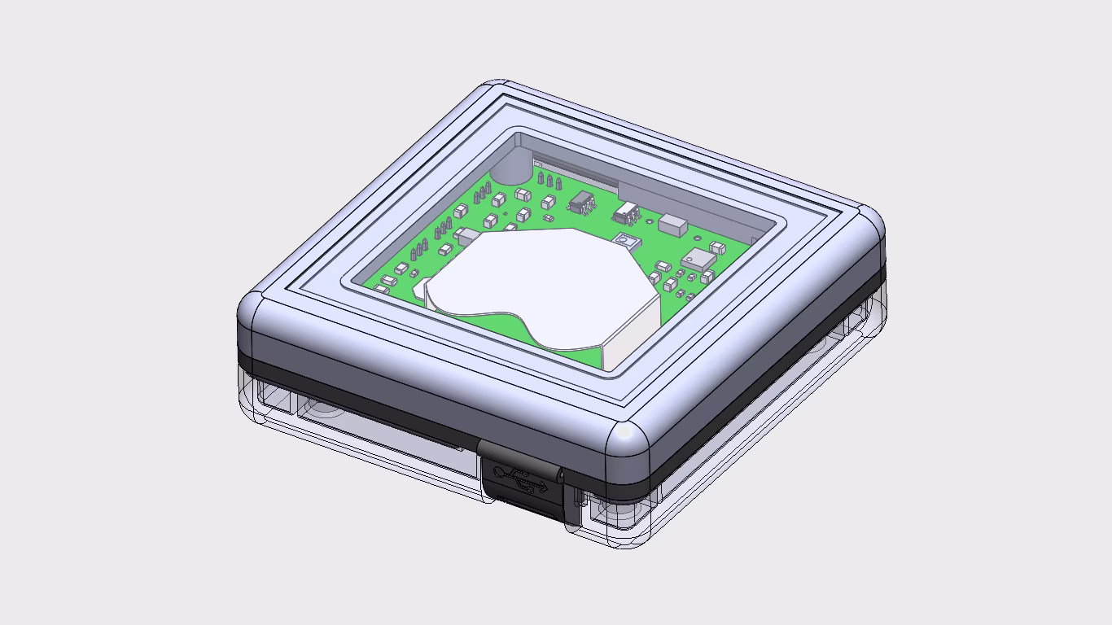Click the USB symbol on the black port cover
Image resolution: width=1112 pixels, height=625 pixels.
tap(521, 479)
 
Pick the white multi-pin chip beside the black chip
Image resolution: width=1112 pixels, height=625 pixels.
tap(625, 214)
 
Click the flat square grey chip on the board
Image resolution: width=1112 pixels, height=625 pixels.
tap(699, 260)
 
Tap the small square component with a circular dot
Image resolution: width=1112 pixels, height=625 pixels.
tap(624, 241)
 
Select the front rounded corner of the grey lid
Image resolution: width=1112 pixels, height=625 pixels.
tap(628, 445)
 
